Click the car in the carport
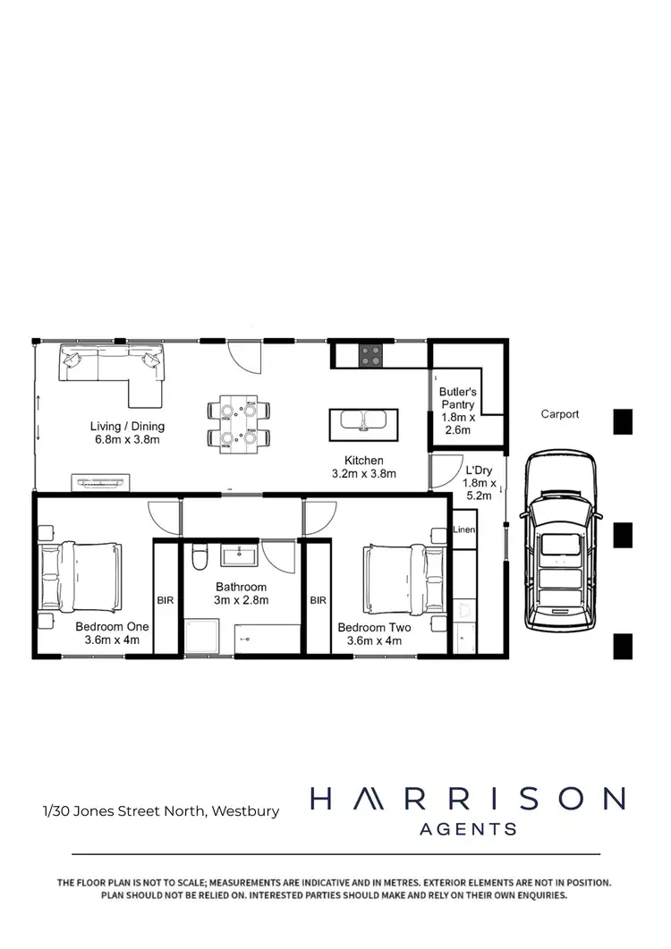click(559, 540)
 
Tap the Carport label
click(560, 414)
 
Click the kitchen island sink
click(363, 420)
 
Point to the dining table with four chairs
click(239, 422)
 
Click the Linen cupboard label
click(464, 530)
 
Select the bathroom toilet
click(200, 557)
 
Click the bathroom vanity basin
click(239, 556)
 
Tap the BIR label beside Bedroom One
click(166, 600)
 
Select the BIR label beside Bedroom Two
click(318, 600)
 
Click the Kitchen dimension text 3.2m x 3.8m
click(364, 474)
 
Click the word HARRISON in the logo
click(467, 799)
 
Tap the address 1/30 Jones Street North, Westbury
click(161, 811)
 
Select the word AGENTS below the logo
click(468, 829)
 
